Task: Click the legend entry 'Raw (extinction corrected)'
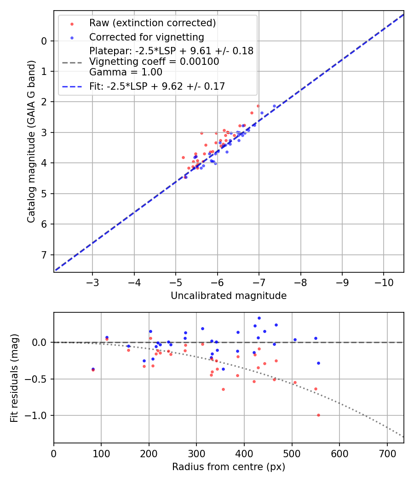pos(152,23)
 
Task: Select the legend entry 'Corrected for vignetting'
pos(146,37)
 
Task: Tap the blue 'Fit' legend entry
pos(157,86)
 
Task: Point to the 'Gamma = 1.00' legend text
pos(126,72)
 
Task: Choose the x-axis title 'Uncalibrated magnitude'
pos(229,296)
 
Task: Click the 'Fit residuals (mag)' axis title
pos(14,378)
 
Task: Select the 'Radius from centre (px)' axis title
pos(229,467)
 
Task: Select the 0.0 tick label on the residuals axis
pos(39,342)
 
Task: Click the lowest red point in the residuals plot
pos(318,415)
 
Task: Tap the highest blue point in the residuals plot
pos(259,318)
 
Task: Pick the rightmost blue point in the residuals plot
pos(318,363)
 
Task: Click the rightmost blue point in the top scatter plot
pos(275,106)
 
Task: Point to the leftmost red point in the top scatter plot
pos(183,157)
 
